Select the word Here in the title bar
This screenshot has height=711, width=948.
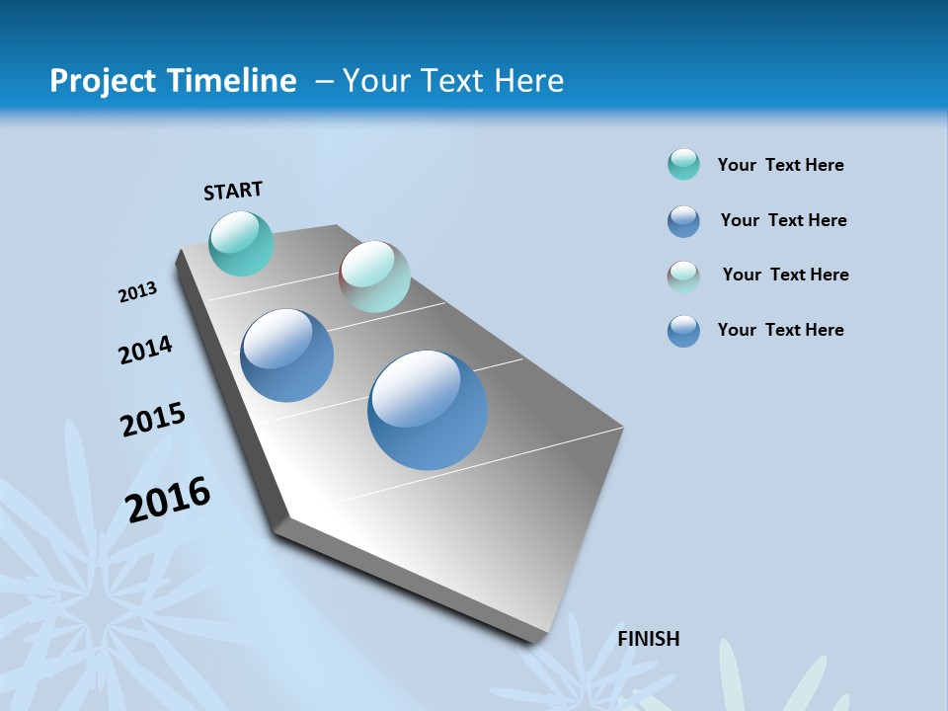point(528,81)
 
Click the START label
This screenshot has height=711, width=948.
point(233,191)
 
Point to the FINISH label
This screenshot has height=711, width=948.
point(648,639)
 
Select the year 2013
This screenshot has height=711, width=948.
point(137,292)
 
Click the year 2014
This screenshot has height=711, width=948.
point(145,350)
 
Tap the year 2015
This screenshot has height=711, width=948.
point(152,420)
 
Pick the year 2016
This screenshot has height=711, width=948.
point(168,499)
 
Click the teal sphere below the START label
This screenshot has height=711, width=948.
point(241,243)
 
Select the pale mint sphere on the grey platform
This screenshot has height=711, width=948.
point(374,276)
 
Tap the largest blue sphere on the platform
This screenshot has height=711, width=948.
point(428,410)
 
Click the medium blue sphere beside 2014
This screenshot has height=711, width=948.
point(286,355)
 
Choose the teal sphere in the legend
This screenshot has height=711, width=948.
point(683,164)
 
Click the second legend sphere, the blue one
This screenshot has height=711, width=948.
point(683,221)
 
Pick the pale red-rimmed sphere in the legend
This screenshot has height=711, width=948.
point(683,276)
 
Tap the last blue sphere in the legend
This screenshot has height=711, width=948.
point(683,331)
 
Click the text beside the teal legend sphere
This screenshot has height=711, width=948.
point(780,165)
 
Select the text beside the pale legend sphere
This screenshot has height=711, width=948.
point(785,275)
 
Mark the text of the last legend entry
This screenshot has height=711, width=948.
point(780,330)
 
